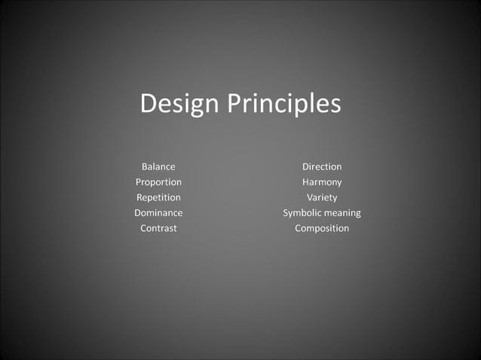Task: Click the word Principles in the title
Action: point(284,104)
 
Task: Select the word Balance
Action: point(158,166)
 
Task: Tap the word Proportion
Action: point(158,182)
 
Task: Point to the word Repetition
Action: point(158,197)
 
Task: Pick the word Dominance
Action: point(158,213)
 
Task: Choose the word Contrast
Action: point(158,228)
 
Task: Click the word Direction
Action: point(322,166)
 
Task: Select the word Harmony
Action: point(322,182)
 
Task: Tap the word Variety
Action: point(322,197)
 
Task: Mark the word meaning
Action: point(342,214)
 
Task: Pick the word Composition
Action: point(322,228)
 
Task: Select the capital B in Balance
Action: point(145,166)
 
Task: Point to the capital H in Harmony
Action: point(306,182)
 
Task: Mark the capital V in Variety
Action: point(310,197)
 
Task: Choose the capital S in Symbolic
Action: point(286,213)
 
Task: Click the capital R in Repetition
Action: point(139,197)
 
